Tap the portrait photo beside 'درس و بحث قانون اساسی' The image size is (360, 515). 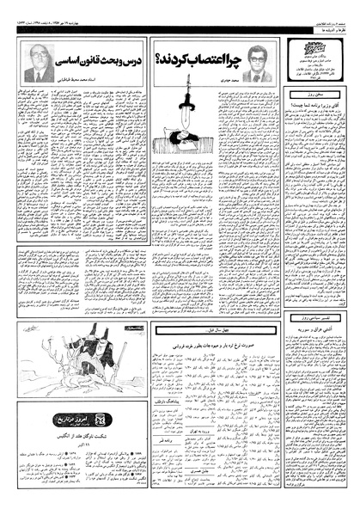[x=40, y=64]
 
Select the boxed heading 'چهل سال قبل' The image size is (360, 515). [x=217, y=330]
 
